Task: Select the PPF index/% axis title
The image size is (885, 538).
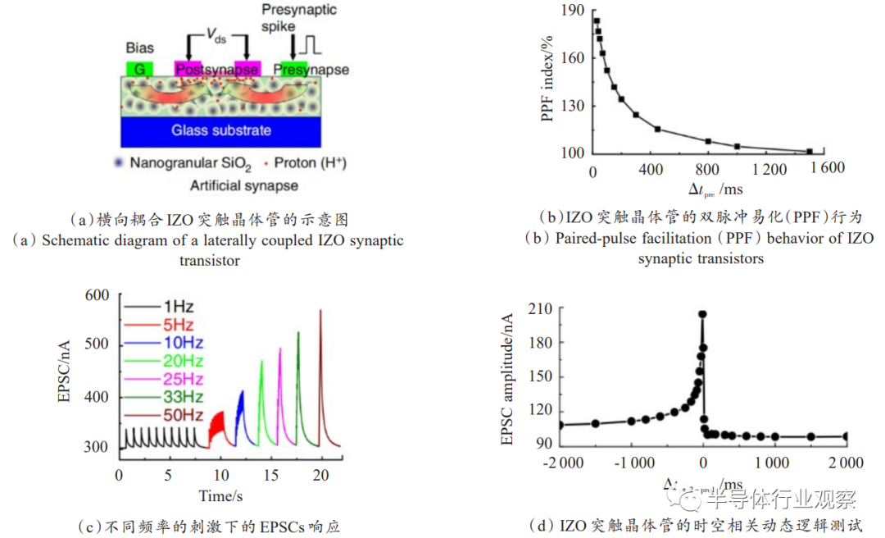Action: [x=548, y=83]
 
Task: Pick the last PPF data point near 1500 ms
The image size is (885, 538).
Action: [x=809, y=152]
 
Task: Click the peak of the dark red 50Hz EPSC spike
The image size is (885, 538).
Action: [x=320, y=311]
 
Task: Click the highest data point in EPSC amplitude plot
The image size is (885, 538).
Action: [x=702, y=314]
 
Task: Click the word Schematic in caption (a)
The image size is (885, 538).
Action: [x=78, y=241]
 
